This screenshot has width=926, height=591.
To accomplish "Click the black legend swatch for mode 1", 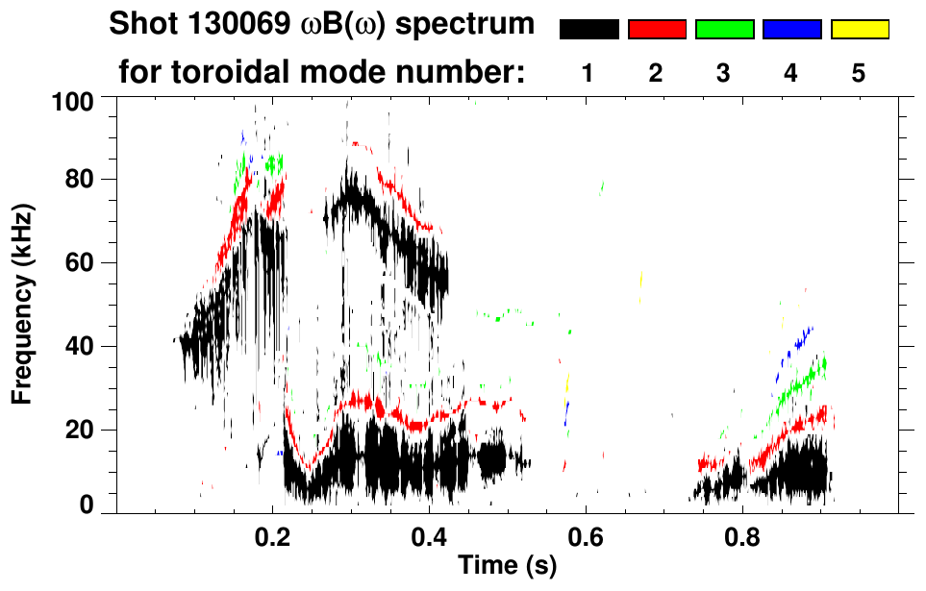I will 588,30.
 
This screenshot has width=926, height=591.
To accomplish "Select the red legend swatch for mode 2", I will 657,30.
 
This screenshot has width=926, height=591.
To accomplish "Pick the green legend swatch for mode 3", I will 724,30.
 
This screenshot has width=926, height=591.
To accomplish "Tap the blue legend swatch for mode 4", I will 791,30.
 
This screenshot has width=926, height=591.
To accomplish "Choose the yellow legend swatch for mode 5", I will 860,30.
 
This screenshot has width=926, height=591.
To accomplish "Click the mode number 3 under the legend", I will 724,73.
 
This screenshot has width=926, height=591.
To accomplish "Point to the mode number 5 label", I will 860,73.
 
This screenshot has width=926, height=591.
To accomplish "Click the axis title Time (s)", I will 507,567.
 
